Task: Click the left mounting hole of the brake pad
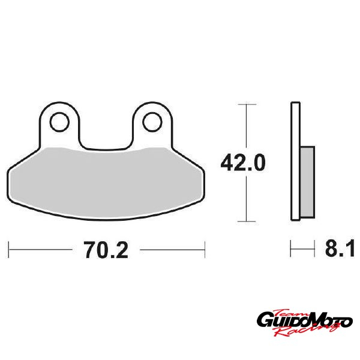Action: [x=59, y=122]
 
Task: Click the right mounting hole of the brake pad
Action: [x=152, y=122]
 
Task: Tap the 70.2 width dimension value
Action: [x=106, y=250]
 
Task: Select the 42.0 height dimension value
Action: [x=243, y=163]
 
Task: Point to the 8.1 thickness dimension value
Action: [x=340, y=248]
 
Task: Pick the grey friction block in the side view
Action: [x=307, y=182]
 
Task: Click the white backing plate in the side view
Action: [x=295, y=161]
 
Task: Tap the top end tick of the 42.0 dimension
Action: [x=247, y=104]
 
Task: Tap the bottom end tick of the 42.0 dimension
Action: [x=247, y=221]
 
